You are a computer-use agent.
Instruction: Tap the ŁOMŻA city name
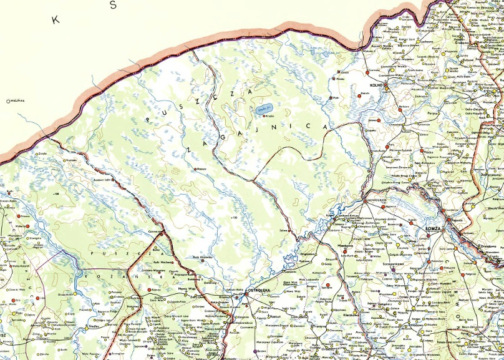(x=432, y=228)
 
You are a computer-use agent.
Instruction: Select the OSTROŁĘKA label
(x=258, y=291)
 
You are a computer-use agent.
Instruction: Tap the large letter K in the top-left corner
(x=56, y=20)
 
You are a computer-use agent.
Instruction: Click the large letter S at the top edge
(x=113, y=6)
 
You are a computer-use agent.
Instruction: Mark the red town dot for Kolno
(x=386, y=85)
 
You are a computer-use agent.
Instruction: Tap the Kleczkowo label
(x=339, y=316)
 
